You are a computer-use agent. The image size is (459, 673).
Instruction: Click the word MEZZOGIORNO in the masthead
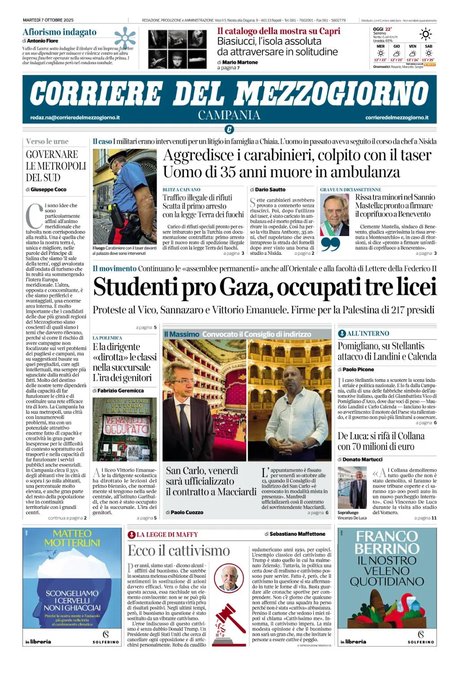(x=332, y=93)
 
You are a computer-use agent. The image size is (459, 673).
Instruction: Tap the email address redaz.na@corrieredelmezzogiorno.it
(x=75, y=118)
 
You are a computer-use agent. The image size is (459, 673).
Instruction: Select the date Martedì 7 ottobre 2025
(x=48, y=20)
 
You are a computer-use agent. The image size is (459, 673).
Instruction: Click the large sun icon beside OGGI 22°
(x=425, y=34)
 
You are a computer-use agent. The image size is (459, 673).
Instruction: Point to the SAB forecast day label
(x=428, y=46)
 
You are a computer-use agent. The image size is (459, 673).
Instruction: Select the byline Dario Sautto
(x=270, y=190)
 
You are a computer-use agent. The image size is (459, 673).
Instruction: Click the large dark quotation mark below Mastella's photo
(x=331, y=244)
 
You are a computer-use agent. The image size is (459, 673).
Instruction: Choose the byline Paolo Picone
(x=358, y=369)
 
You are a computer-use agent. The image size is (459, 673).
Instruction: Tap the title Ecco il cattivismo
(x=179, y=551)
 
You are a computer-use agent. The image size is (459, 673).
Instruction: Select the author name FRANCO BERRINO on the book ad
(x=387, y=542)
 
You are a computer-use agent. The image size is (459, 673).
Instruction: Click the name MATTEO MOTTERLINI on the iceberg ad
(x=72, y=538)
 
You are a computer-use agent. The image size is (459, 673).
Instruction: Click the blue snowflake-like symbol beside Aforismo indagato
(x=125, y=36)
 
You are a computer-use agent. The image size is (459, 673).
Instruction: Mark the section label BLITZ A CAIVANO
(x=181, y=190)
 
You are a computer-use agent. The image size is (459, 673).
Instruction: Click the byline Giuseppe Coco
(x=48, y=190)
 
